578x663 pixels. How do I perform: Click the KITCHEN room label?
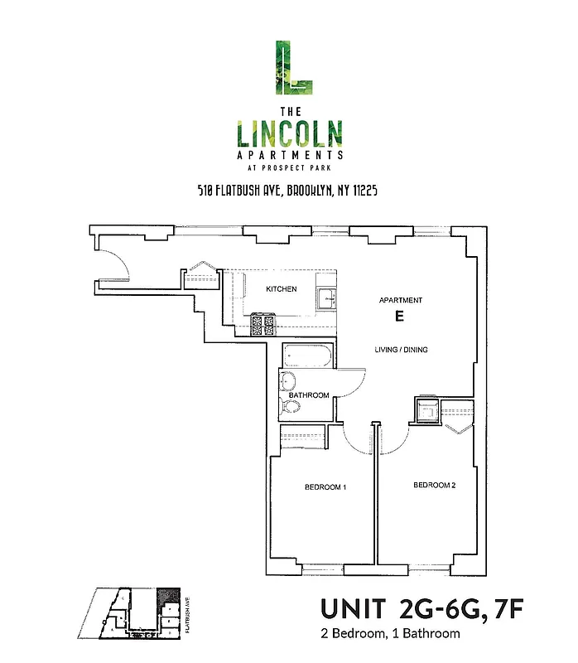281,289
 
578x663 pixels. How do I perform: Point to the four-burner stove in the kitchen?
263,325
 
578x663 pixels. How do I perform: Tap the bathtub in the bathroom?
307,357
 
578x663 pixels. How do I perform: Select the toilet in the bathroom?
291,406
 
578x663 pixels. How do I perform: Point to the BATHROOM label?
310,395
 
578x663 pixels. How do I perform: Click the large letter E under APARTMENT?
399,317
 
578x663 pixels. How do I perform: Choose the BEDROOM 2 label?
434,485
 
